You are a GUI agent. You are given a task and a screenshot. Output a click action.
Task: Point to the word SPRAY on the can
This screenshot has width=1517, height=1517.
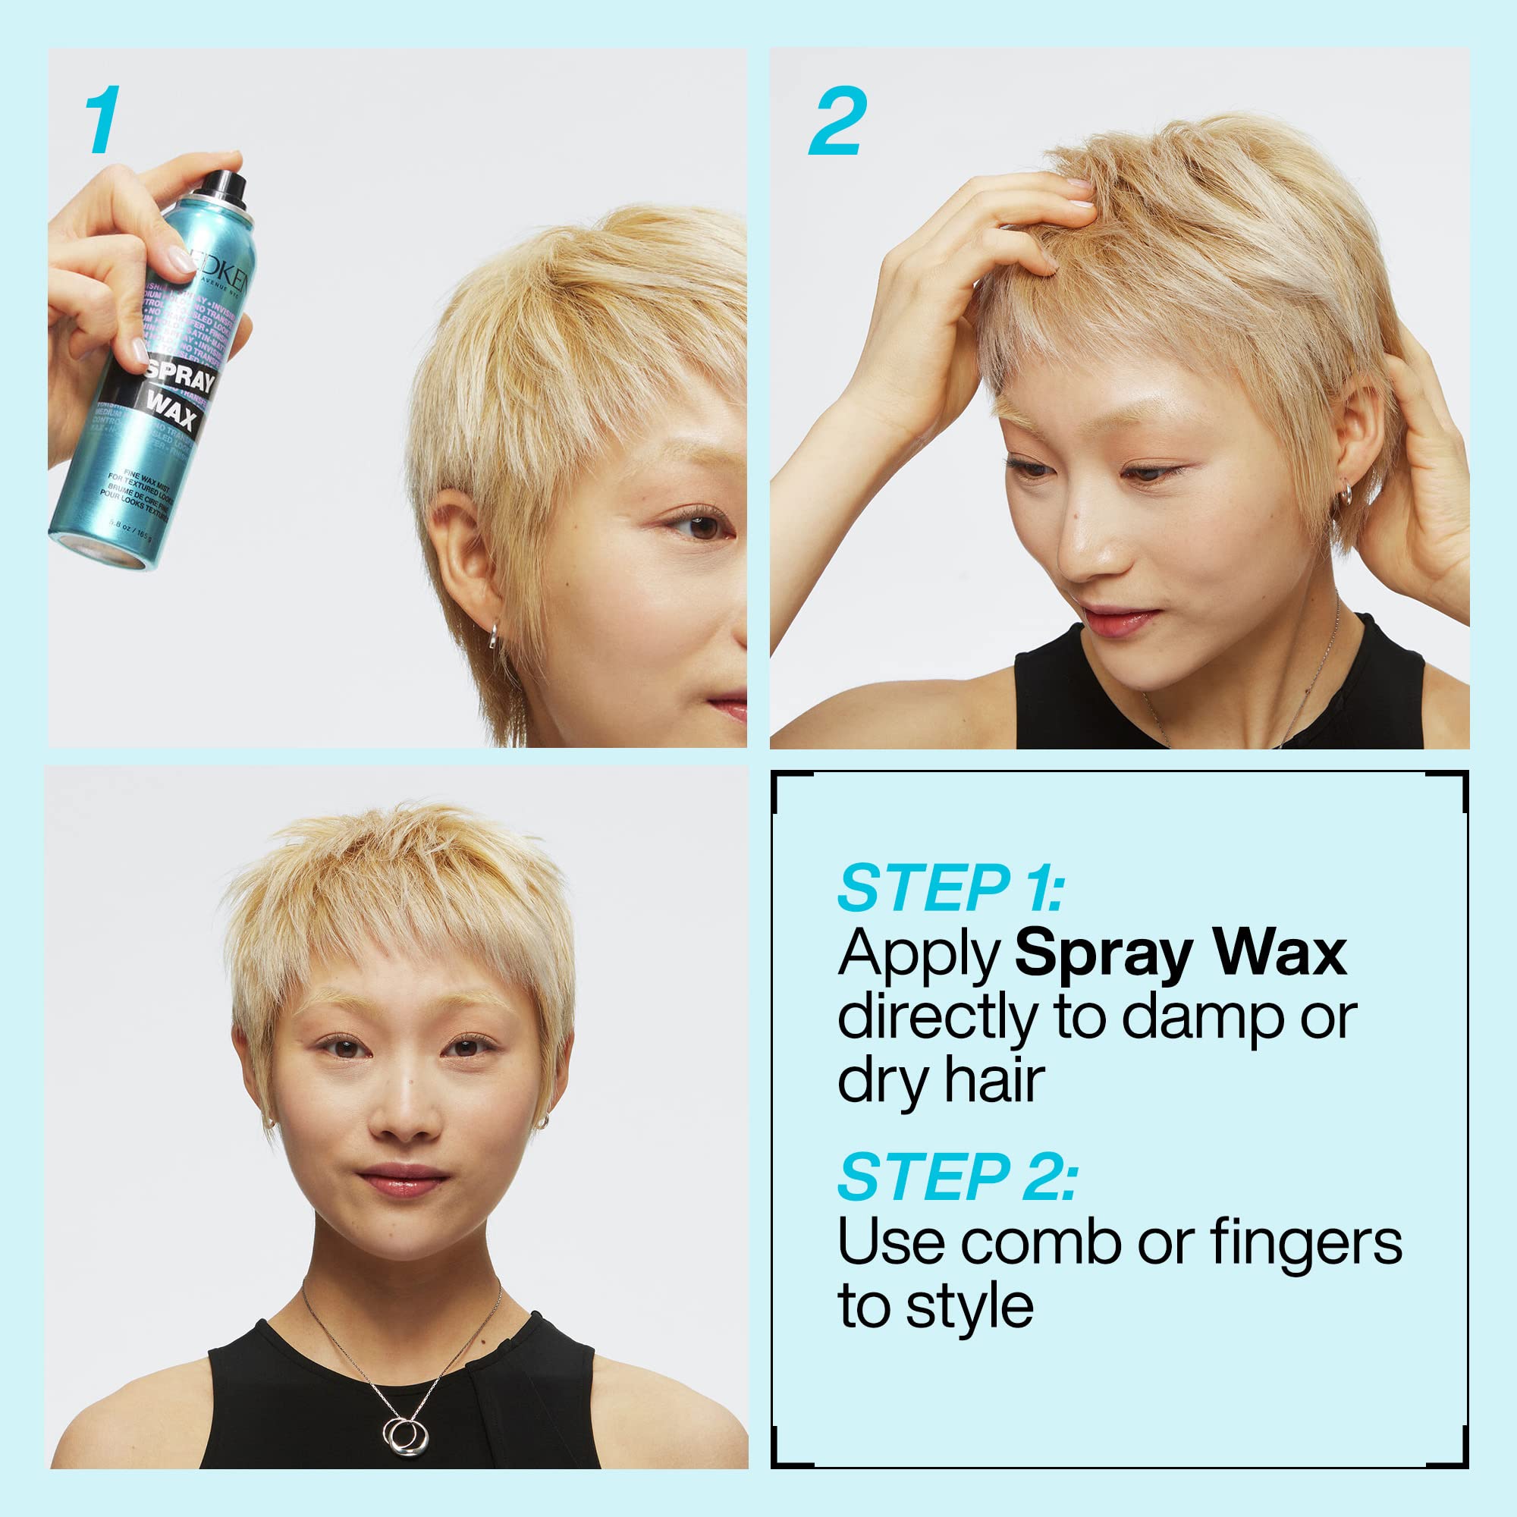[180, 375]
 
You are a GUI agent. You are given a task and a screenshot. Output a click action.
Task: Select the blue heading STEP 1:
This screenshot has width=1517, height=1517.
[950, 888]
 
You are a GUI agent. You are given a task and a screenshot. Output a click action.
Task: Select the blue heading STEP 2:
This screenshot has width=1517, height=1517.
[956, 1177]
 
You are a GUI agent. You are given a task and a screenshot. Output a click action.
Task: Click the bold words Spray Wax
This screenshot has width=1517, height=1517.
[1180, 953]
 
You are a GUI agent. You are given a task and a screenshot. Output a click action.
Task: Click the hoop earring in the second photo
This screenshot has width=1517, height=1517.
[1346, 493]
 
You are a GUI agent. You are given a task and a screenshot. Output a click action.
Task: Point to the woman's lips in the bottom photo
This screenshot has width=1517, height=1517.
[403, 1180]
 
